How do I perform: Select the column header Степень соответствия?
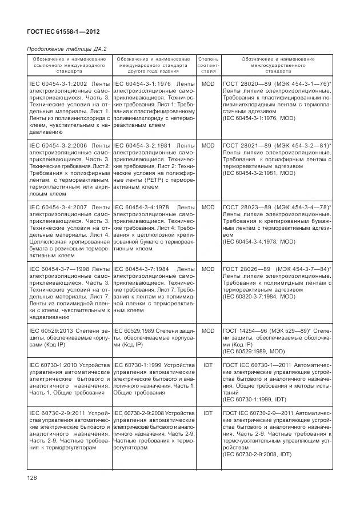(208, 66)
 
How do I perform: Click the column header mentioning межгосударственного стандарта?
(278, 66)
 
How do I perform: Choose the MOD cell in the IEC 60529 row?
(208, 331)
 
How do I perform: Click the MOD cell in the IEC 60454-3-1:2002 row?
(208, 84)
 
